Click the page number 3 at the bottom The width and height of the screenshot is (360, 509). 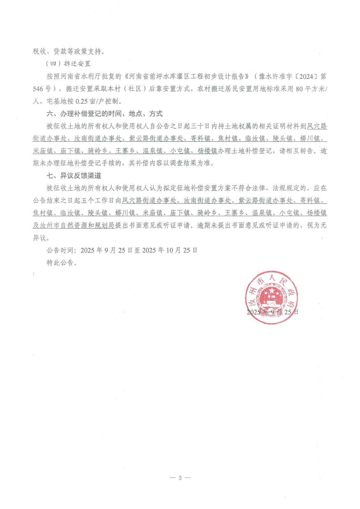tap(180, 478)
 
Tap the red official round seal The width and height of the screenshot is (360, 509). tap(272, 297)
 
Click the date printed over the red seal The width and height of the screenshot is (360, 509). tap(272, 312)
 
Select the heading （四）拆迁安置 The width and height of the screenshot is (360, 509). tap(68, 64)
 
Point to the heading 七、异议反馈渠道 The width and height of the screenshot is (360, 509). tap(74, 176)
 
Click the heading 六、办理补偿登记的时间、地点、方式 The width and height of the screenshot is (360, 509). tap(104, 114)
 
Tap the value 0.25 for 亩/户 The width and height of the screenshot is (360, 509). tap(81, 101)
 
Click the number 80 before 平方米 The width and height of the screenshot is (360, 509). tap(299, 89)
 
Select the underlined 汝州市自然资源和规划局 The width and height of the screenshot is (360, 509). tap(74, 226)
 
